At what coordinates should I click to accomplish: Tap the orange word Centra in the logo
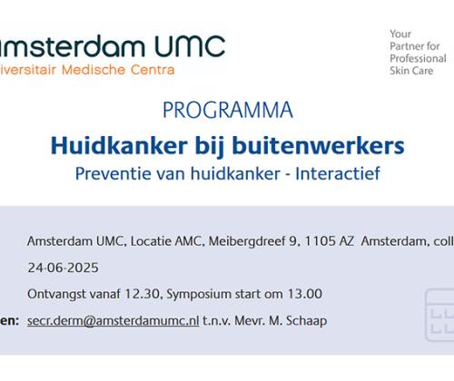146,69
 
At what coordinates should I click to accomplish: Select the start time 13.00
301,293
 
